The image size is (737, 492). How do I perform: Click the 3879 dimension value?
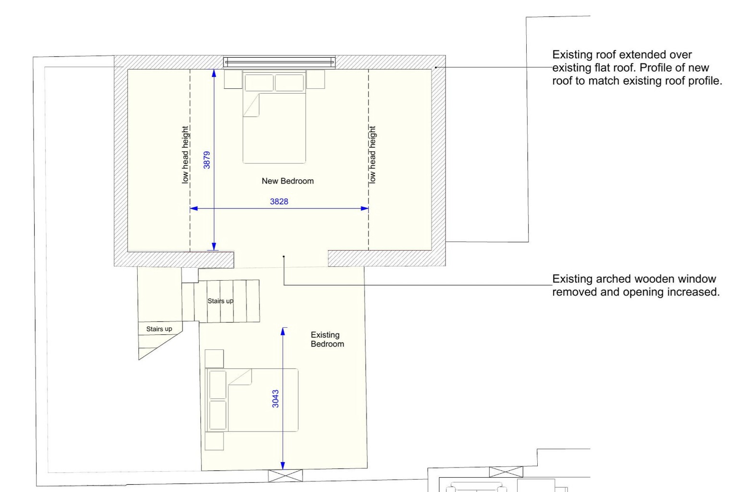tap(206, 160)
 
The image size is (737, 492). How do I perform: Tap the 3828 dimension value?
tap(279, 201)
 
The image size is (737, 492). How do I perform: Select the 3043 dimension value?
tap(276, 398)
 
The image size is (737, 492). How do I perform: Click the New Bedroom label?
tap(288, 181)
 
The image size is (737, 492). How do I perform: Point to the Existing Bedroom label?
tap(327, 339)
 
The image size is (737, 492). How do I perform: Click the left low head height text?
tap(185, 155)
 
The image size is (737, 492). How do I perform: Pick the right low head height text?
tap(372, 155)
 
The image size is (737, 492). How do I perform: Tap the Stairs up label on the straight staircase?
tap(220, 301)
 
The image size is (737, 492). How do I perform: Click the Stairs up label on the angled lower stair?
tap(159, 329)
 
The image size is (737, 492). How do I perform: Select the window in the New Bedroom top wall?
tap(279, 62)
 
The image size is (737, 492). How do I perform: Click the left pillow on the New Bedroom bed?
tap(259, 82)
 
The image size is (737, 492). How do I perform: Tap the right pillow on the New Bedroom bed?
tap(289, 82)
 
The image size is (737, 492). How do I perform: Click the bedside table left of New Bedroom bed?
tap(233, 79)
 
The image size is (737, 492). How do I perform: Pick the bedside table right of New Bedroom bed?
tap(315, 79)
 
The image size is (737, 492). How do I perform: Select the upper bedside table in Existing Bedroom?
tap(214, 358)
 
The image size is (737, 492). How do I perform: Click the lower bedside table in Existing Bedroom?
tap(214, 441)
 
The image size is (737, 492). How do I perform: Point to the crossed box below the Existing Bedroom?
tap(285, 476)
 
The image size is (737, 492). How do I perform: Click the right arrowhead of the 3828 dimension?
tap(364, 209)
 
